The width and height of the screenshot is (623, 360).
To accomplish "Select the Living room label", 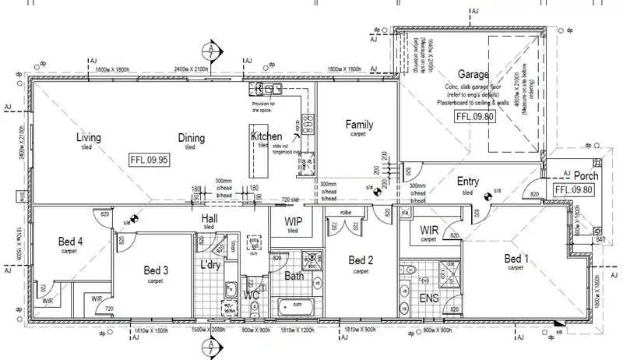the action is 89,138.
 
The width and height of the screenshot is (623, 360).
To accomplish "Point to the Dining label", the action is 191,138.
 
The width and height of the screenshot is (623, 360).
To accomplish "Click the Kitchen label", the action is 266,136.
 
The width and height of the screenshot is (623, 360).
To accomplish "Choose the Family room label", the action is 359,124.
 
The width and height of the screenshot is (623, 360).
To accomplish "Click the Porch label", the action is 585,176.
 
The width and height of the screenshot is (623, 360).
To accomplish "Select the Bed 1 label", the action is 516,258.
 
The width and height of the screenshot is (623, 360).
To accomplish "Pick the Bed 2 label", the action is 361,260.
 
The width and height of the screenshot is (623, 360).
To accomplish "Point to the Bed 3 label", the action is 157,270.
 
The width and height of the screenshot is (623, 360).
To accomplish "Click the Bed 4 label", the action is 70,241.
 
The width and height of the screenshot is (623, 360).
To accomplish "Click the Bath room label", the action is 294,276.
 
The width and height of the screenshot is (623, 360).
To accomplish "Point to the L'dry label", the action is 213,265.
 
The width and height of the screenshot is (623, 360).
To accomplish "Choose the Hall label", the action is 209,219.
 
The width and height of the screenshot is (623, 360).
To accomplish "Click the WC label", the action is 251,295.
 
